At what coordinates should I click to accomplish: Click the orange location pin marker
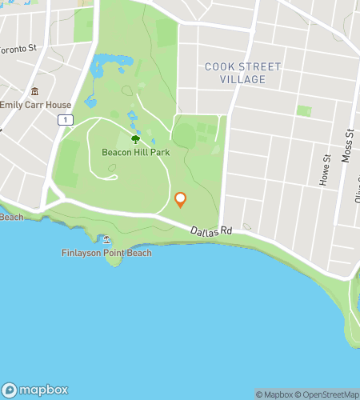[180, 199]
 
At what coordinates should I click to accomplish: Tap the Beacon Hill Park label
[134, 151]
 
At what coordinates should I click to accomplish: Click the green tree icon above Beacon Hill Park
[134, 117]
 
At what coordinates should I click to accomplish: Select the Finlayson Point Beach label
[106, 253]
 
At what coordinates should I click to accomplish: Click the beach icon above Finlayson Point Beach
[106, 238]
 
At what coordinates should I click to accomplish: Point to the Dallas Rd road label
[211, 230]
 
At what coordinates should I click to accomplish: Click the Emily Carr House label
[35, 105]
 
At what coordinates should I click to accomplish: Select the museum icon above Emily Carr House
[34, 90]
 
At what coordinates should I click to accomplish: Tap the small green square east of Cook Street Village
[303, 110]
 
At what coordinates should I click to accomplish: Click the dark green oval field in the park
[184, 134]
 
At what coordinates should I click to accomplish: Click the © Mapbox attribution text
[275, 394]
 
